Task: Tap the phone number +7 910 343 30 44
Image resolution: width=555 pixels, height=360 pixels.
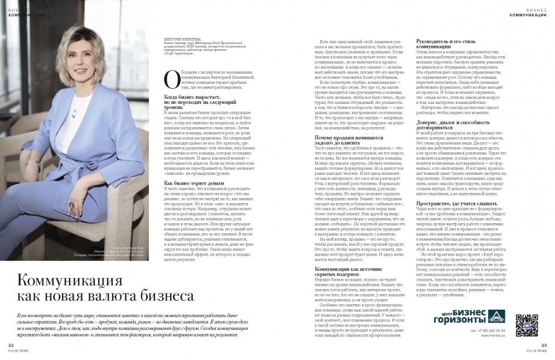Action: point(489,330)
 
